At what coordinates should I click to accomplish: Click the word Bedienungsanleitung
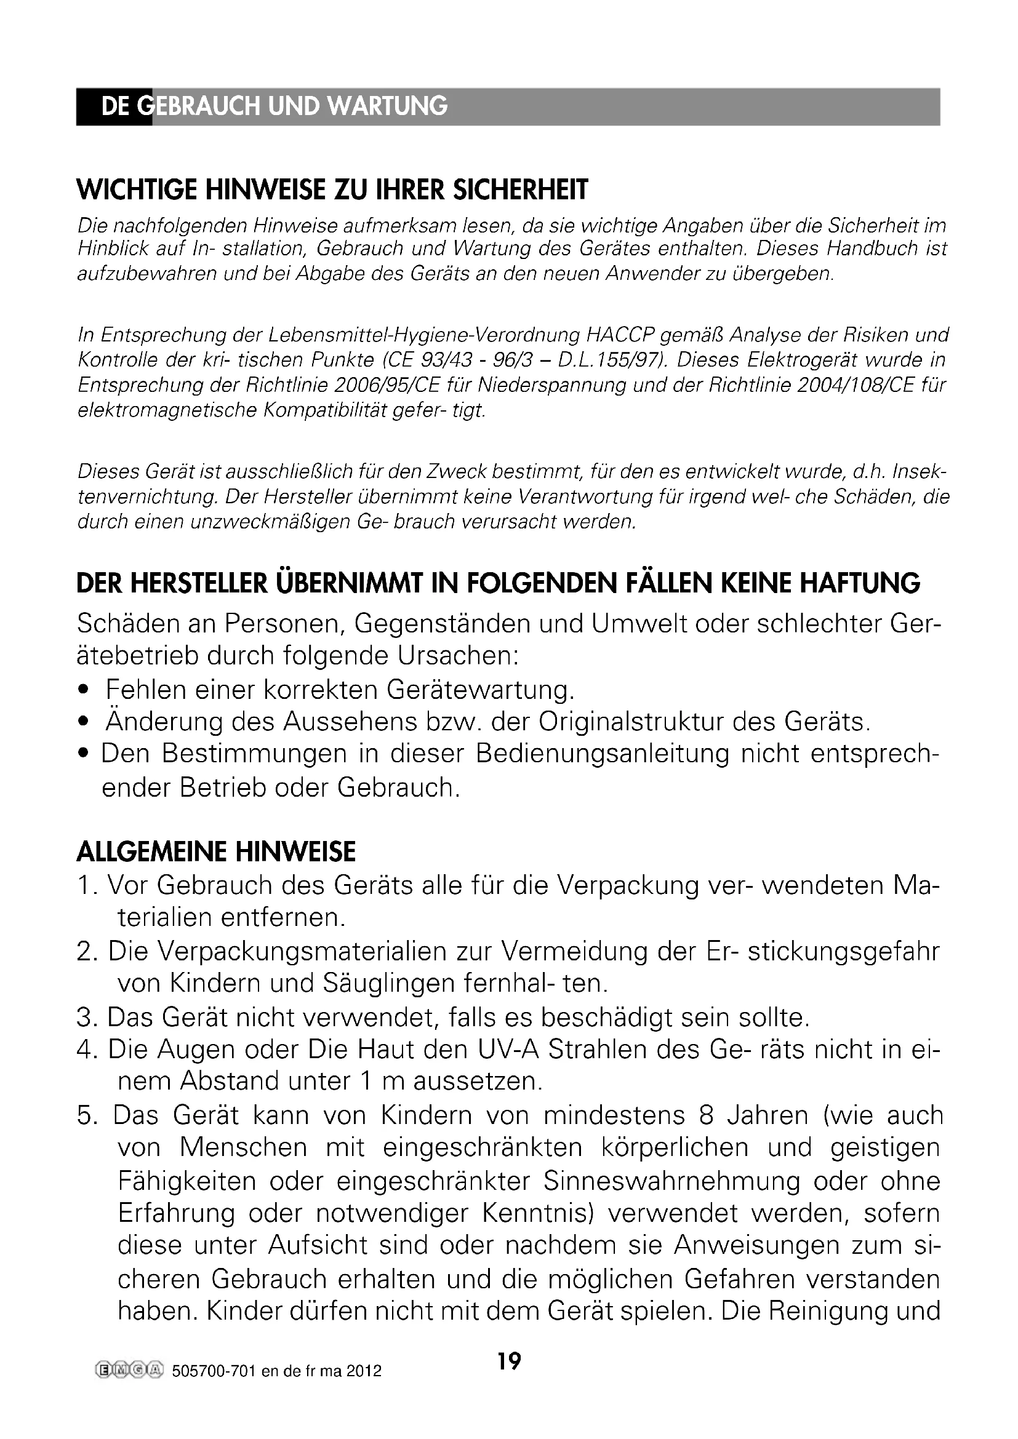603,754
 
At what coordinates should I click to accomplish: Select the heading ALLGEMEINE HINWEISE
215,852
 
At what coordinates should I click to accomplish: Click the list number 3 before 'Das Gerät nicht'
84,1017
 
